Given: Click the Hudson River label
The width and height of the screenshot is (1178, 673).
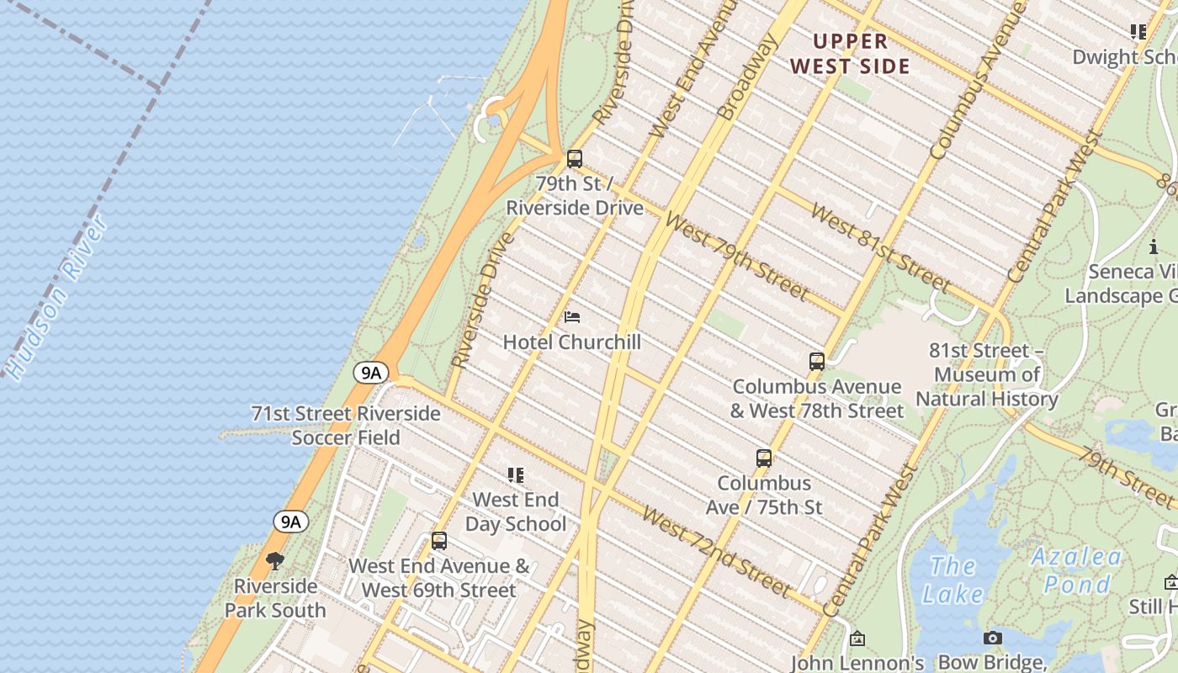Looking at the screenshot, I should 56,296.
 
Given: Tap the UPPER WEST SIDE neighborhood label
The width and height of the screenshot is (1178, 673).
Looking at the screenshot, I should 851,54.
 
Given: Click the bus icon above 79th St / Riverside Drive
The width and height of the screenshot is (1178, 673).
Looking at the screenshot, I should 575,158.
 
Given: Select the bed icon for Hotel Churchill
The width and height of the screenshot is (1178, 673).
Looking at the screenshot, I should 572,317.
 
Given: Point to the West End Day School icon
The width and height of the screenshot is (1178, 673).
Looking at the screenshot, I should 516,475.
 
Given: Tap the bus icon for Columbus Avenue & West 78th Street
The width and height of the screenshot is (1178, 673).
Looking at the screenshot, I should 816,362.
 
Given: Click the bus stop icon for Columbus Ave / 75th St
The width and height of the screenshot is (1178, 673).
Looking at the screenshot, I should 764,458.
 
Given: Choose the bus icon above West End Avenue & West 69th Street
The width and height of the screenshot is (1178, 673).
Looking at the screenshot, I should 438,541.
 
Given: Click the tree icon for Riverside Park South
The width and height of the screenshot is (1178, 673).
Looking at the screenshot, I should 274,561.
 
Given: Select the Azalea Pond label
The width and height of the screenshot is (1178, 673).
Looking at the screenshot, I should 1076,570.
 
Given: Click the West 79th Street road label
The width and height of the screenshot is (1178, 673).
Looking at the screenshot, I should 736,257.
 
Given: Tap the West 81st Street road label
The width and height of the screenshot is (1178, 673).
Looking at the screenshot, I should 880,247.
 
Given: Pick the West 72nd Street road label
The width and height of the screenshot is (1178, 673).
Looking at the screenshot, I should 715,551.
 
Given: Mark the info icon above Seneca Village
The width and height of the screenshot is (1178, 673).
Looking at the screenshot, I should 1153,246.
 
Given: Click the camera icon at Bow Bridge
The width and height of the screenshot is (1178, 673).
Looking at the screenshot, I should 993,639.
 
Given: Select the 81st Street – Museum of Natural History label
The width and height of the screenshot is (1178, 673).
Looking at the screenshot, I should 986,374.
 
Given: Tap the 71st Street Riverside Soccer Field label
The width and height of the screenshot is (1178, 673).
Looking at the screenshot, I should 346,425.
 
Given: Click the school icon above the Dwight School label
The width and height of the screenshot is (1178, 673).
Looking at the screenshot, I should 1138,32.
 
